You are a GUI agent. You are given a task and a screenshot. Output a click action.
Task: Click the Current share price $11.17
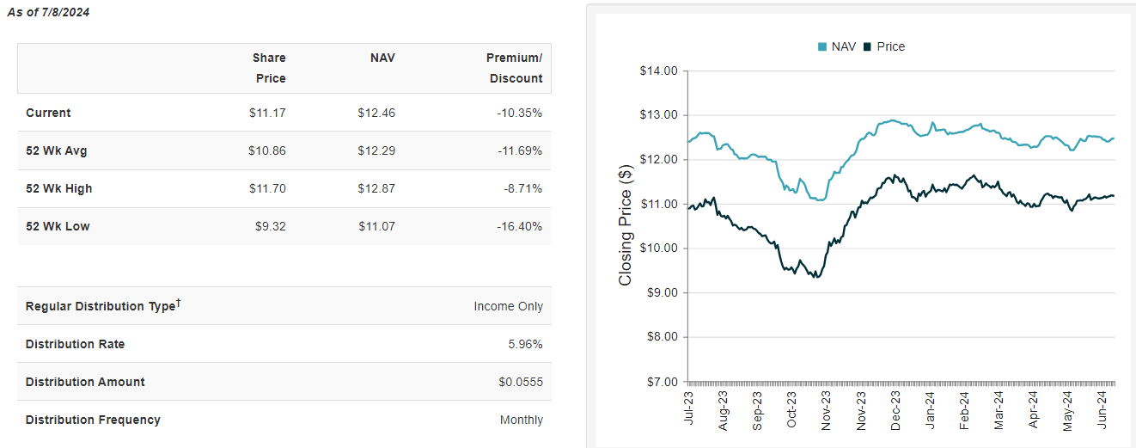click(266, 113)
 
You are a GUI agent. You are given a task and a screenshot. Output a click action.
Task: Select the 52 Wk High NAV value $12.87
click(376, 188)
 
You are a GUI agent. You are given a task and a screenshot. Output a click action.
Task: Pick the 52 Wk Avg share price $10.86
click(266, 150)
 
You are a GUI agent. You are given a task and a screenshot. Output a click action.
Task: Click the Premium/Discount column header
click(514, 68)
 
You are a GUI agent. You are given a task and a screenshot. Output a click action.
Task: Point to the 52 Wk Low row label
click(58, 226)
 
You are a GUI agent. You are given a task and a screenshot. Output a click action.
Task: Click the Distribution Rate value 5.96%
click(526, 344)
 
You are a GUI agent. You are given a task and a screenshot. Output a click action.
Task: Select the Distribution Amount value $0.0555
click(521, 382)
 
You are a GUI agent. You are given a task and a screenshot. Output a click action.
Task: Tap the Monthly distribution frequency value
click(522, 420)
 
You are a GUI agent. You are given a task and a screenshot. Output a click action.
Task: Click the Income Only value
click(509, 306)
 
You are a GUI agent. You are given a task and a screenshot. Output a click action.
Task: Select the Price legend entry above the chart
click(884, 46)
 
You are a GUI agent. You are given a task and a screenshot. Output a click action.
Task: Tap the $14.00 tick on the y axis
click(659, 71)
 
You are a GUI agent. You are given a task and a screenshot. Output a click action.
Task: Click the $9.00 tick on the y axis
click(662, 292)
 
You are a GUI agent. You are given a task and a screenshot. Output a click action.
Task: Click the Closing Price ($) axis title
click(626, 226)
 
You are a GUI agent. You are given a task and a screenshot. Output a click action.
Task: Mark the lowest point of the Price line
click(815, 278)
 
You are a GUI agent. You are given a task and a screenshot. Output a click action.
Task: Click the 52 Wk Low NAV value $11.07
click(376, 226)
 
